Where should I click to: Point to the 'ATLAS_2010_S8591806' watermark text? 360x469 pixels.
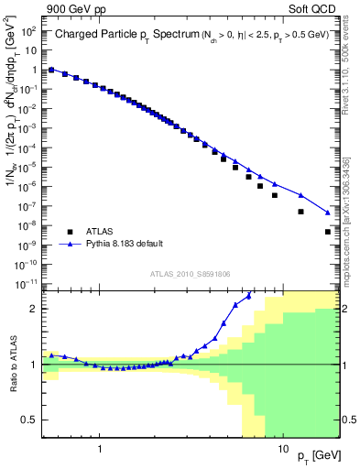(191, 273)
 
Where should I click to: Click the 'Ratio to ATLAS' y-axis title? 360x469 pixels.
(13, 365)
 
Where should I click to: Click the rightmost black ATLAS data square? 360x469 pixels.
(328, 232)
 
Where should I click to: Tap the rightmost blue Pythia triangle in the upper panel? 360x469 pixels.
(328, 213)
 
